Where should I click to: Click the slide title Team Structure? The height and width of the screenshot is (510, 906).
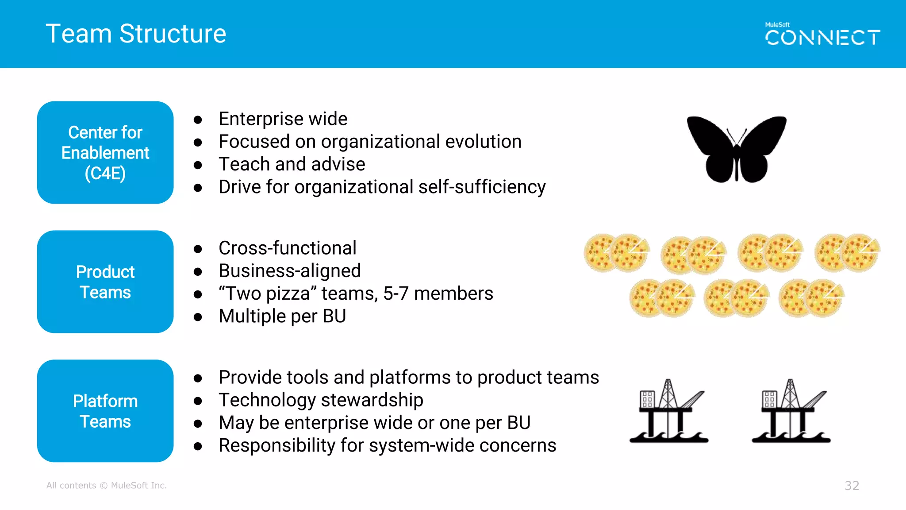click(136, 34)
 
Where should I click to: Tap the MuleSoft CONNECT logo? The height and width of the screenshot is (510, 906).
click(822, 35)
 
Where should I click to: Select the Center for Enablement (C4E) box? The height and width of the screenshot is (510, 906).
click(105, 153)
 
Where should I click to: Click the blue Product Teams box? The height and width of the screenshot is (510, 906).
click(105, 282)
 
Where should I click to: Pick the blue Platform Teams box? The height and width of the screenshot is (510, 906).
click(105, 411)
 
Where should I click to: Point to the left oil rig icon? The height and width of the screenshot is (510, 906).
click(669, 411)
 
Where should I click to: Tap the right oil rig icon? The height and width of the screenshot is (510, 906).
click(791, 411)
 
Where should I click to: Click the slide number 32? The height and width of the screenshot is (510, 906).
click(852, 486)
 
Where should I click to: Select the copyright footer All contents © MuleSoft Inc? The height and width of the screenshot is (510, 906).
click(107, 486)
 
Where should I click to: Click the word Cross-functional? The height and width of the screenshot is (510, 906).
click(288, 248)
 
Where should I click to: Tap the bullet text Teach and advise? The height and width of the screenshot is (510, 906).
click(292, 164)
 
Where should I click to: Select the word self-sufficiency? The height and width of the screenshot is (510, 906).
click(482, 187)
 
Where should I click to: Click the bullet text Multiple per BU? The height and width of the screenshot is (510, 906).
click(282, 316)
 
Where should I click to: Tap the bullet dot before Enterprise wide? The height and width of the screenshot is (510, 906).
click(198, 120)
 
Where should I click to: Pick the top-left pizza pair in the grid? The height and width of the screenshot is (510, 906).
click(616, 253)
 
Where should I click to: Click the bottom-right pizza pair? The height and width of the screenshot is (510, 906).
click(811, 298)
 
